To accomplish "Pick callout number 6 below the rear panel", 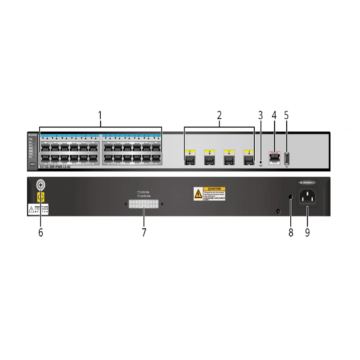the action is [41, 233].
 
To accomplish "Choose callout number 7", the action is [144, 233].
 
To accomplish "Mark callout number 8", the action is [291, 233].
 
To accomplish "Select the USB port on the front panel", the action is [287, 158].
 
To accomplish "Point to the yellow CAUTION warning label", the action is [210, 193].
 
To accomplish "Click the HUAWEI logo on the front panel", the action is [33, 135].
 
